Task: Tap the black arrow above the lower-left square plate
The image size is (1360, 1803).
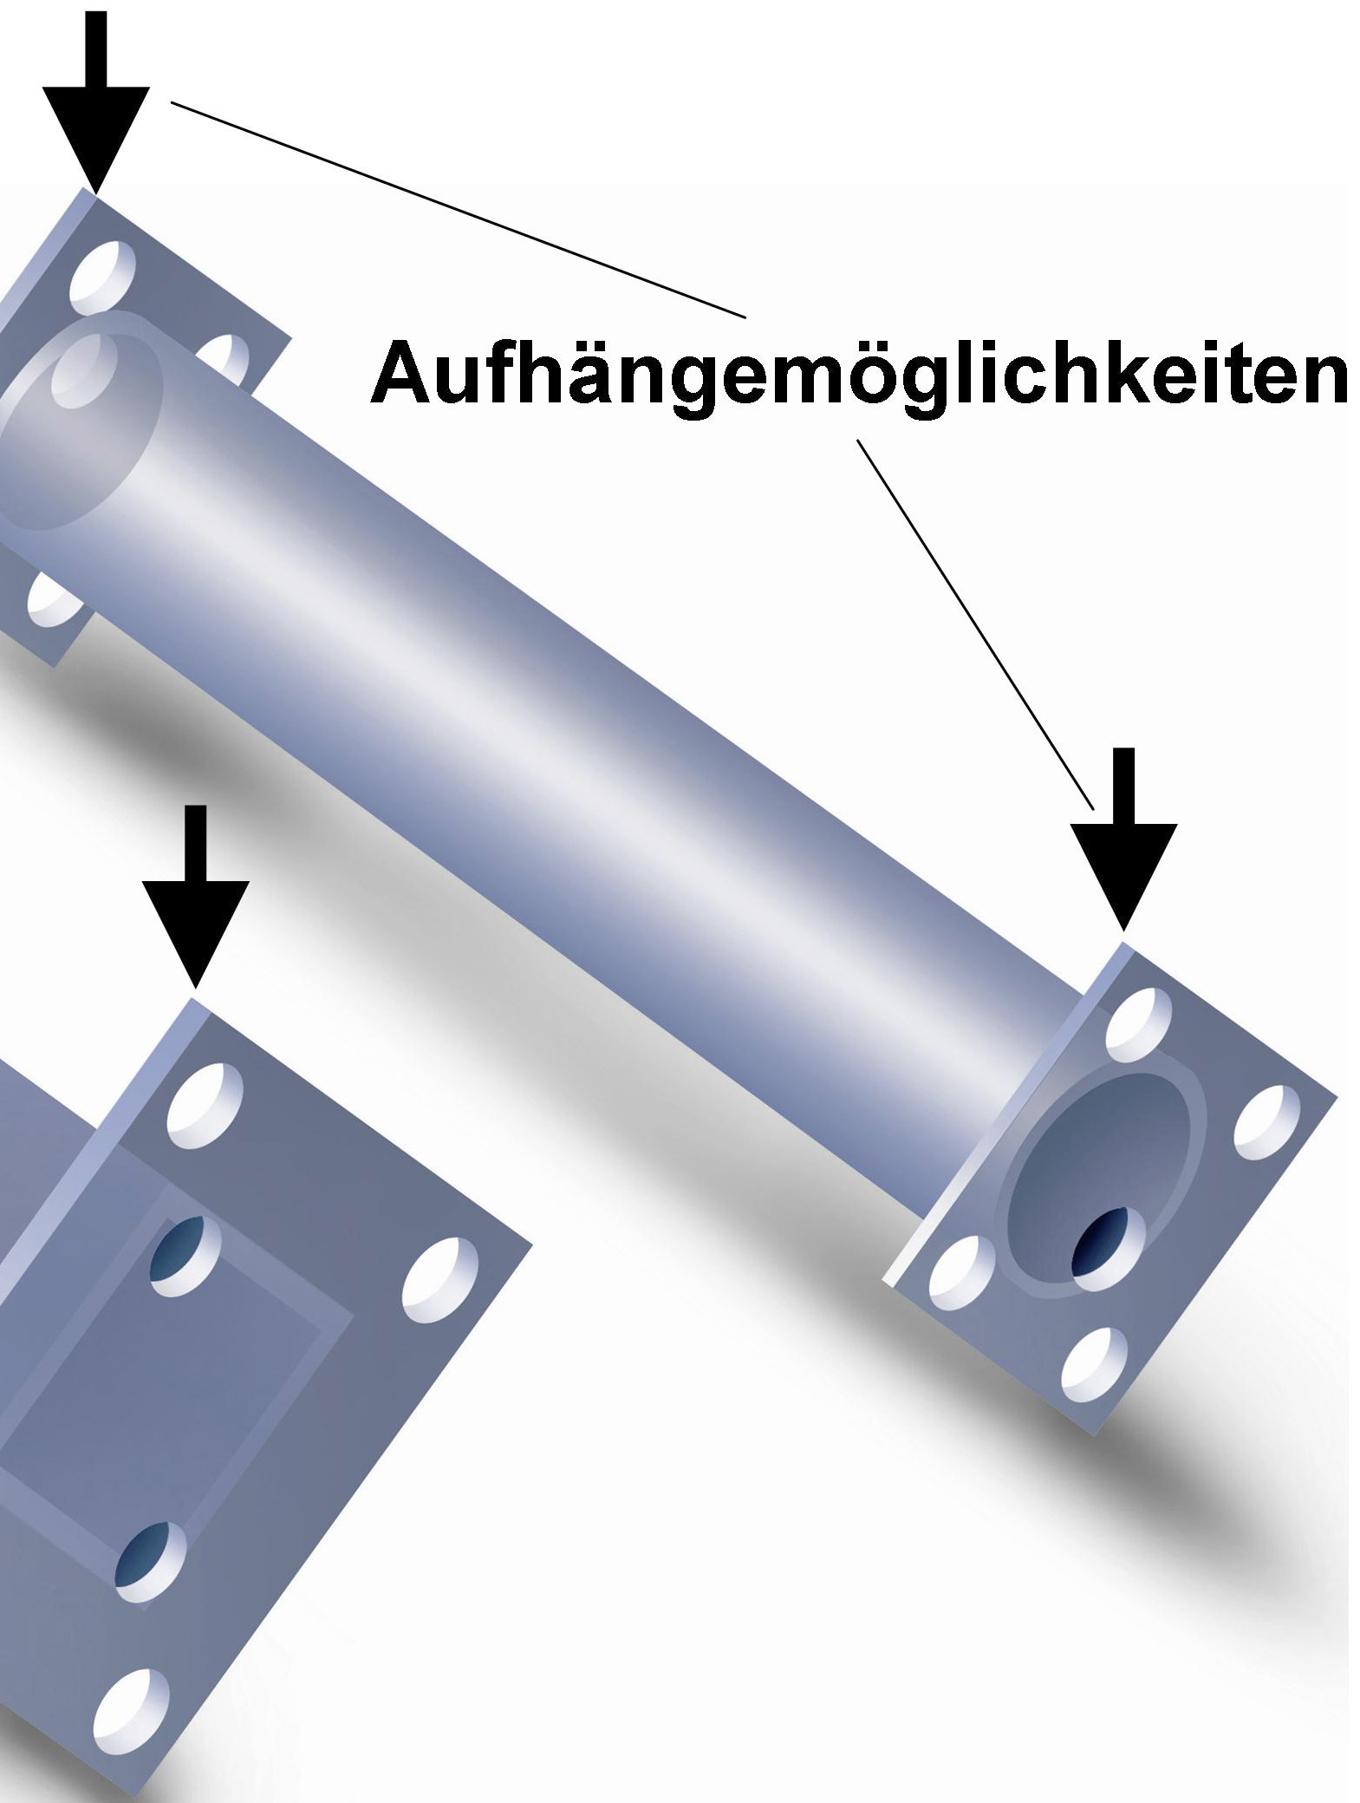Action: (196, 897)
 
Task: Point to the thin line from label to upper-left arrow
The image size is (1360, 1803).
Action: (459, 210)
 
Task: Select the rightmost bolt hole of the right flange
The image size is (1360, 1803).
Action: (1266, 1120)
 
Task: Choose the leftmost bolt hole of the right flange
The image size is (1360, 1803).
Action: (961, 1271)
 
